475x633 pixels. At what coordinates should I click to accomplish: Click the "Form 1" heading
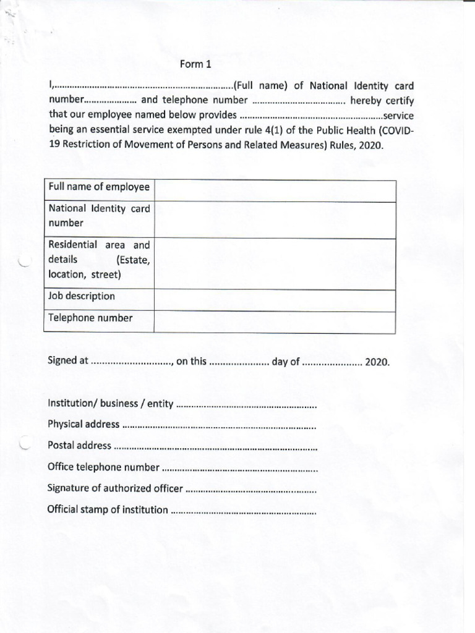tap(195, 64)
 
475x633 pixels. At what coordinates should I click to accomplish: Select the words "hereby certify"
tap(382, 100)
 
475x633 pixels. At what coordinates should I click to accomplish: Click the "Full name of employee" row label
tap(99, 187)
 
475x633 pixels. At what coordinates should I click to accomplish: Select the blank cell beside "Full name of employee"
tap(275, 191)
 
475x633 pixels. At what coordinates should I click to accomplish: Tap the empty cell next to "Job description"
tap(275, 300)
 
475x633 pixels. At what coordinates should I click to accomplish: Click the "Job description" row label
tap(82, 296)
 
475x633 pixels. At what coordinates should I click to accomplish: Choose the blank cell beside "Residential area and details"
tap(275, 264)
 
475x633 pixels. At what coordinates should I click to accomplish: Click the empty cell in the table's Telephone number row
tap(275, 322)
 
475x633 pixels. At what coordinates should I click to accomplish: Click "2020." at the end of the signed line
tap(377, 362)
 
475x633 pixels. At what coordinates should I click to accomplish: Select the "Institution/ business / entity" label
tap(110, 404)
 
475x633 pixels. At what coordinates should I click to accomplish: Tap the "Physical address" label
tap(83, 425)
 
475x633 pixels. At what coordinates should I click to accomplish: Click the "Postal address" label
tap(79, 446)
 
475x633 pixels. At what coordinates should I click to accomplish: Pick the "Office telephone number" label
tap(103, 467)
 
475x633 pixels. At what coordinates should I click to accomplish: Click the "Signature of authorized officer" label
tap(115, 488)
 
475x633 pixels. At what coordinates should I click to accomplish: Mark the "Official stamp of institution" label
tap(108, 510)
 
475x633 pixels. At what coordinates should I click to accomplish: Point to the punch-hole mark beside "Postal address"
tap(25, 444)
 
